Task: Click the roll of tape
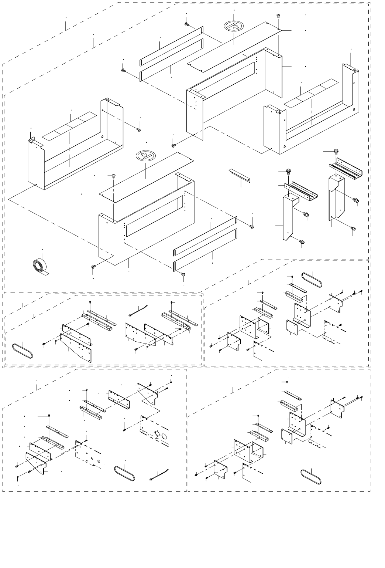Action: pos(39,267)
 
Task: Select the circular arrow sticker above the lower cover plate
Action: pos(146,156)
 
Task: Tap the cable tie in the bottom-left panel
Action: pos(159,474)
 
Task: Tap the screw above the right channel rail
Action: pos(336,151)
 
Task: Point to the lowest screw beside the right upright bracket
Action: pos(353,229)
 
